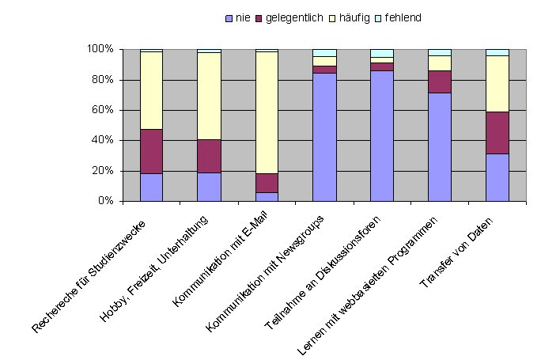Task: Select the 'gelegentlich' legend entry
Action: [292, 17]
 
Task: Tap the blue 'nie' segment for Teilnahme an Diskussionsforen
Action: [382, 135]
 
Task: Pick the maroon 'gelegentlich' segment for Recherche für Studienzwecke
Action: [151, 151]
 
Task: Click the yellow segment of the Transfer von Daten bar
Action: [497, 84]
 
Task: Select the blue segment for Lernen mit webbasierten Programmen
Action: [440, 146]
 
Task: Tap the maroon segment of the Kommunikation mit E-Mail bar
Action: [267, 183]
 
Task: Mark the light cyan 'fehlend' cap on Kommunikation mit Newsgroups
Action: [324, 52]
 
